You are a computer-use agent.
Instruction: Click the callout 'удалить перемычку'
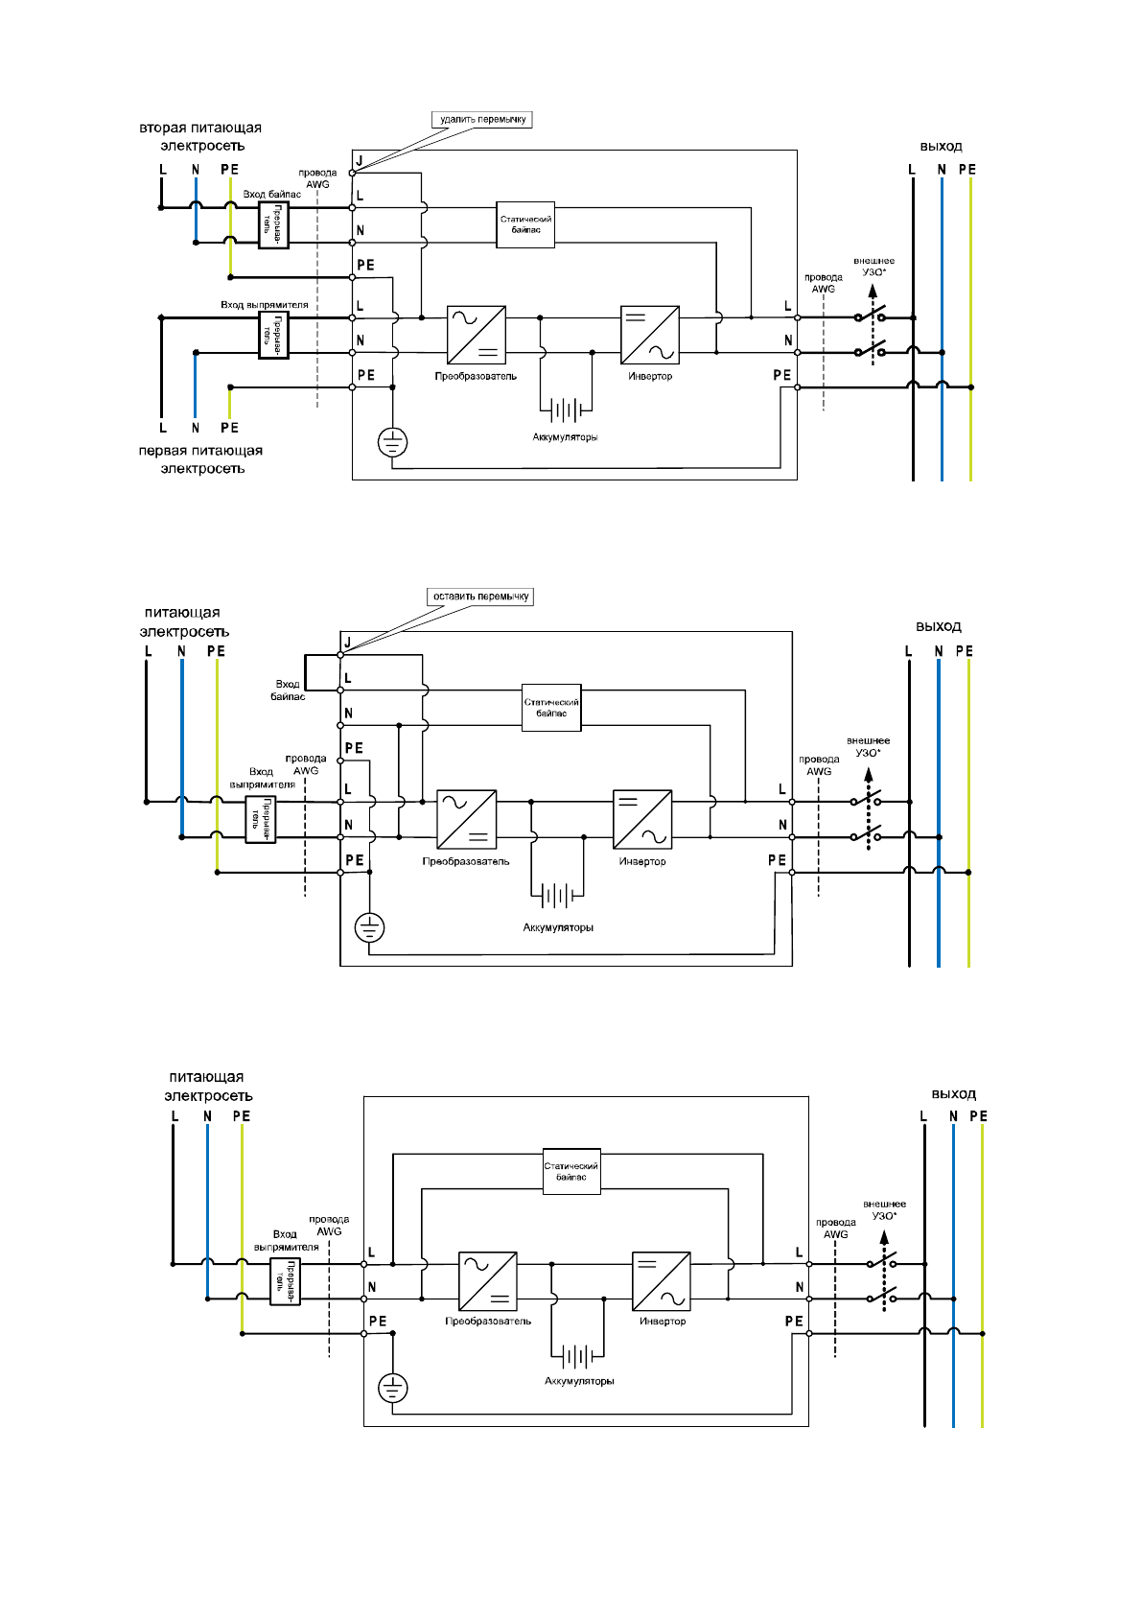(x=482, y=120)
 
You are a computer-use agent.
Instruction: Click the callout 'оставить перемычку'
(x=480, y=597)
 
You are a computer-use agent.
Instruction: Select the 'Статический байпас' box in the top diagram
(x=525, y=224)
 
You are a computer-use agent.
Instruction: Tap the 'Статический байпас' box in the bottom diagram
(x=571, y=1171)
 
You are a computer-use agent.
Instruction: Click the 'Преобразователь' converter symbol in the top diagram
(x=477, y=335)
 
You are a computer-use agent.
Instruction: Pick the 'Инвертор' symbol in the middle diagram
(x=642, y=819)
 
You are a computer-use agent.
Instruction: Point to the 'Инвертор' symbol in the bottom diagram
(x=662, y=1281)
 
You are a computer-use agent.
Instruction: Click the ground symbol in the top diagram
(x=393, y=442)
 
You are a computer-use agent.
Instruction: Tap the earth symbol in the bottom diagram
(x=393, y=1388)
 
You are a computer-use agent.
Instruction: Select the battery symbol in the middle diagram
(x=557, y=896)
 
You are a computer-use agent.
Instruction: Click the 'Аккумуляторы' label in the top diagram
(x=565, y=437)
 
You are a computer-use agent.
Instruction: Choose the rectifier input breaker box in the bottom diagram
(x=286, y=1281)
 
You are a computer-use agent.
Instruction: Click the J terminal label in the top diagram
(x=360, y=160)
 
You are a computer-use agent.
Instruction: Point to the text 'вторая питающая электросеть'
(x=200, y=136)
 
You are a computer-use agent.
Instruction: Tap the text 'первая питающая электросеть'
(x=200, y=459)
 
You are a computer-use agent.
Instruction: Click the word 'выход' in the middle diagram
(x=938, y=626)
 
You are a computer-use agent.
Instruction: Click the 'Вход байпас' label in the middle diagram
(x=288, y=690)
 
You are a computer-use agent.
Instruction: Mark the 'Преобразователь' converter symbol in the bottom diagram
(x=488, y=1281)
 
